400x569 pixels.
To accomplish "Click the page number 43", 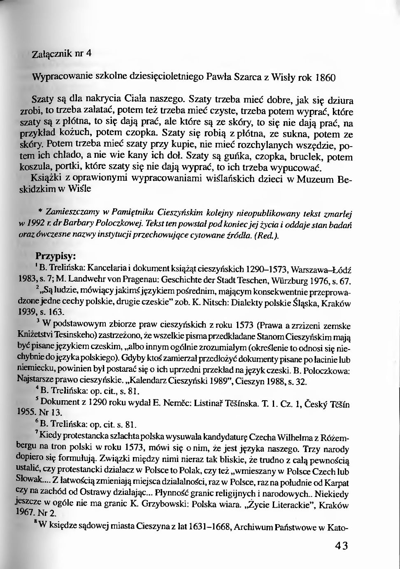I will click(341, 546).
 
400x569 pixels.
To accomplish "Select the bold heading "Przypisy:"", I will click(56, 256).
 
